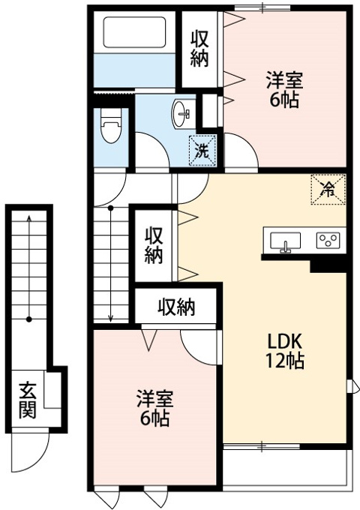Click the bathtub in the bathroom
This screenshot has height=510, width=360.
coord(134,32)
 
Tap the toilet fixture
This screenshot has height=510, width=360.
coord(111,126)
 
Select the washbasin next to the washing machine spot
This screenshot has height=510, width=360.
coord(181,114)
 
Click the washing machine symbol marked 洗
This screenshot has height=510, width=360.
coord(202,151)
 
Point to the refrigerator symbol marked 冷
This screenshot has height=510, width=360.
coord(328,190)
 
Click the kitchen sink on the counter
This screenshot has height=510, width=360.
coord(286,241)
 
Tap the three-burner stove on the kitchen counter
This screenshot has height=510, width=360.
coord(328,241)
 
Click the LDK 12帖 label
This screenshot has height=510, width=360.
coord(285,351)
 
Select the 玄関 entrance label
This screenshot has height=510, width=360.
coord(27,400)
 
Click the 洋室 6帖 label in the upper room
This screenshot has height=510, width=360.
coord(284,89)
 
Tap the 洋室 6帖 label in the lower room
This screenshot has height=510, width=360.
coord(154,407)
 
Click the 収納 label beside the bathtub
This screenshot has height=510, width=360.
coord(199,49)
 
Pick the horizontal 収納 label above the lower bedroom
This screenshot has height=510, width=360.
coord(176,307)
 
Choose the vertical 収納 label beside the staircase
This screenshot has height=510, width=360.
coord(154,245)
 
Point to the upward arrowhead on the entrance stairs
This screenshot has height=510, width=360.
coord(29,218)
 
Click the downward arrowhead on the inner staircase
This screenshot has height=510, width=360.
coord(110,319)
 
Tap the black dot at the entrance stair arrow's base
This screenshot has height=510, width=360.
coord(29,319)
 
